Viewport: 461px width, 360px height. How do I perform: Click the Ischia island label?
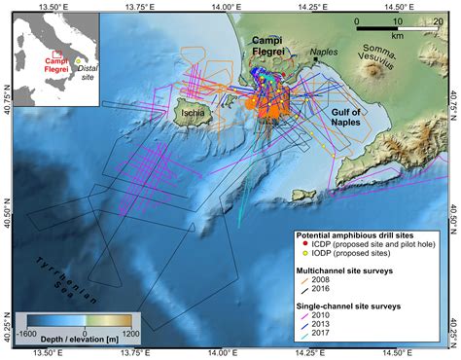pyautogui.click(x=189, y=114)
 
